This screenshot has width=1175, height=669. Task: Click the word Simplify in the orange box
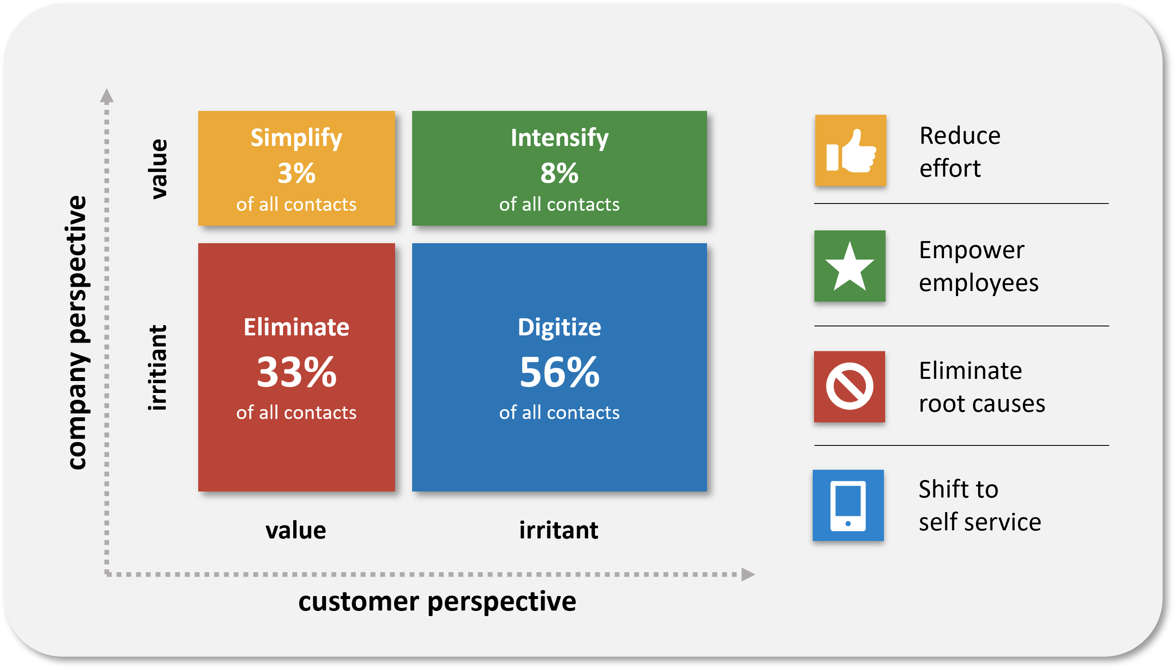pos(296,138)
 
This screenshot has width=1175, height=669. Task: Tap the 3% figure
pos(297,173)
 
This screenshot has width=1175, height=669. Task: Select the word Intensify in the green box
pos(560,138)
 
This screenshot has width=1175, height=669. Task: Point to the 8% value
pos(559,173)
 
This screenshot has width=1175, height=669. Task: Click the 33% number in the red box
pos(297,372)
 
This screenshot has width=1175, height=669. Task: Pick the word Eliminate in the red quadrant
pos(297,327)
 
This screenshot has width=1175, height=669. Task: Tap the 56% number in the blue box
pos(560,372)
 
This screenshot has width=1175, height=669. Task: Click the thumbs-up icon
pos(851,151)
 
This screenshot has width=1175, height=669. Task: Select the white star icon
pos(849,267)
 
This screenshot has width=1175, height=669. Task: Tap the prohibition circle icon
pos(849,386)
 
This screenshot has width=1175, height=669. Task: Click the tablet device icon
pos(848,506)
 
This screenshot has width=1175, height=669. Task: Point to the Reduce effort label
pos(960,151)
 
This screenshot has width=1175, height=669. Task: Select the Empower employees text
pos(979,267)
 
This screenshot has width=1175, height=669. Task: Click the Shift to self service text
pos(980,505)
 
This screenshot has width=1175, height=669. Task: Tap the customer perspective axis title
pos(437,602)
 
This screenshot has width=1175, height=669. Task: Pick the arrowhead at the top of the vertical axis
pos(107,96)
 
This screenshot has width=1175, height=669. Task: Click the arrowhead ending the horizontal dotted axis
pos(748,574)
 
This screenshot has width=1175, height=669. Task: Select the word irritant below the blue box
pos(559,530)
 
